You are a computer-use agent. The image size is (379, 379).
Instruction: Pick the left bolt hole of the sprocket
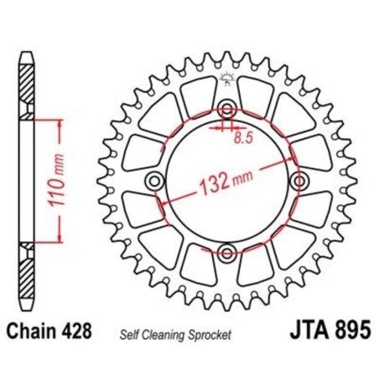(153, 182)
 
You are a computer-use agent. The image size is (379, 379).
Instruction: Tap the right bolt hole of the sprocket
(297, 182)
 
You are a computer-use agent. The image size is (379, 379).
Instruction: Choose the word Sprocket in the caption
(215, 333)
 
